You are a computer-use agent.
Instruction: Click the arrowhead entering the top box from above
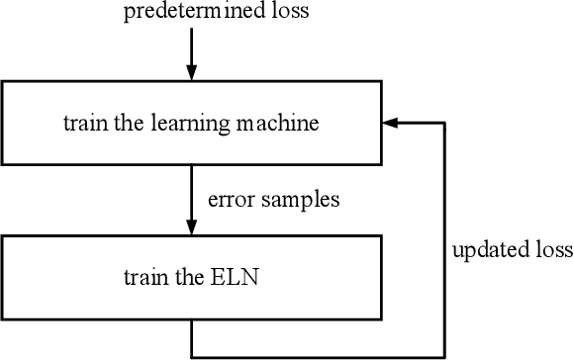[191, 72]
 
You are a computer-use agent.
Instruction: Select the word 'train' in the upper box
[82, 125]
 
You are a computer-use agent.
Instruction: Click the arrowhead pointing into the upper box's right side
[390, 124]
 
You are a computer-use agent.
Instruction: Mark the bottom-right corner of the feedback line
[445, 354]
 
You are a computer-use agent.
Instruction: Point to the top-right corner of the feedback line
[445, 124]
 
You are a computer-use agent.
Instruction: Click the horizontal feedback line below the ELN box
[317, 354]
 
